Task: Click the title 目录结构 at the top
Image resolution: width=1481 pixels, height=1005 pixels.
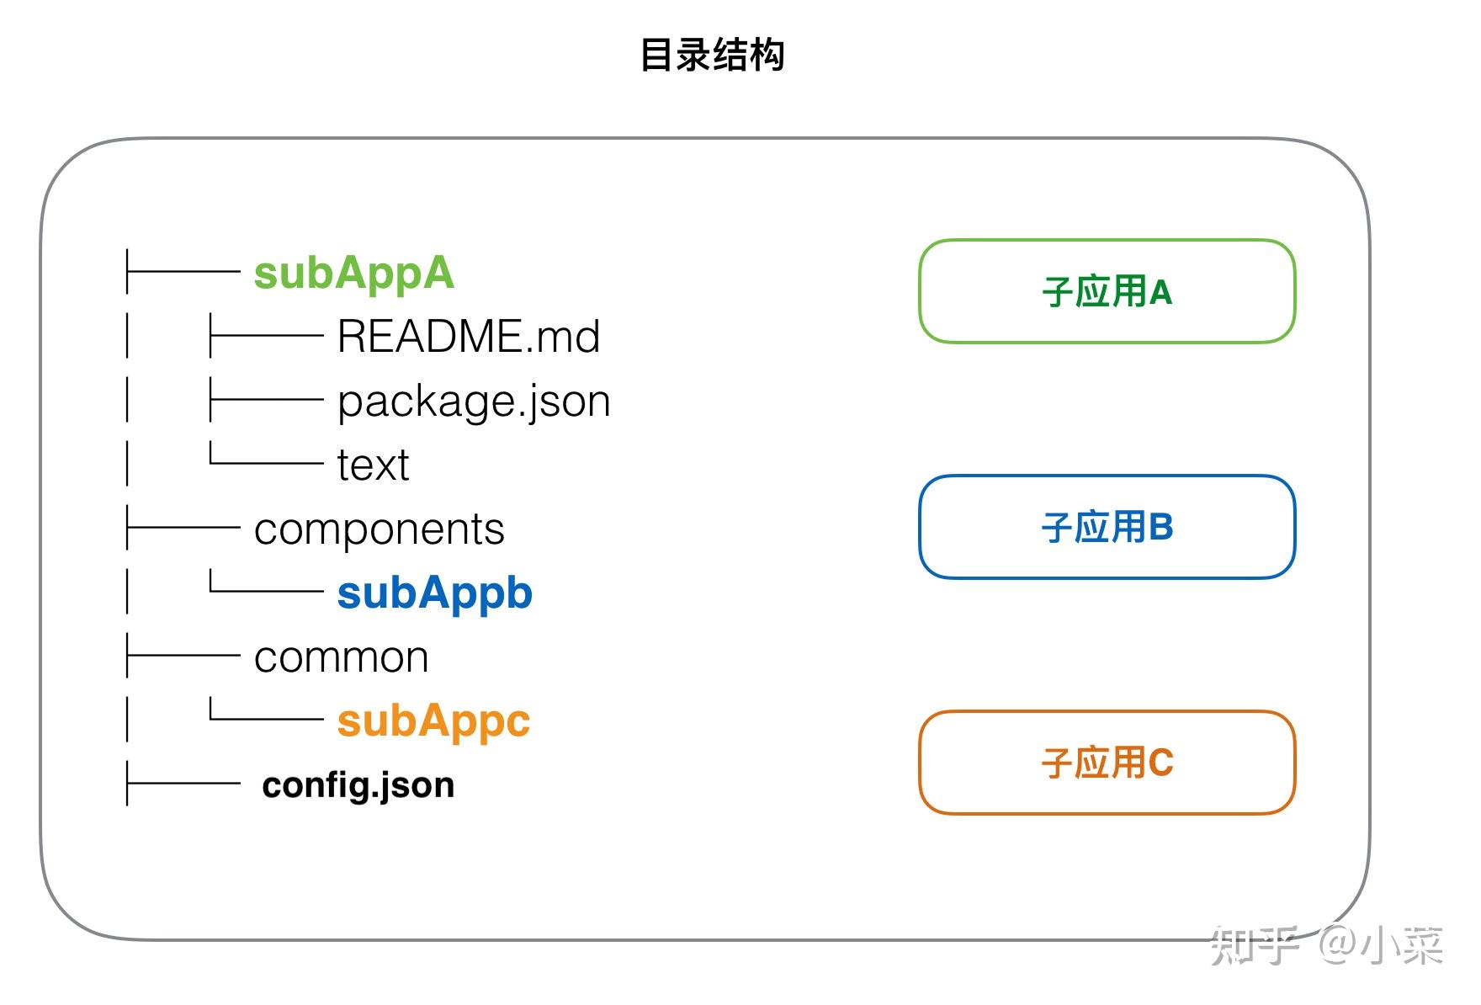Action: (712, 56)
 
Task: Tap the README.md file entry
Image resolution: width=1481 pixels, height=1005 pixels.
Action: (469, 337)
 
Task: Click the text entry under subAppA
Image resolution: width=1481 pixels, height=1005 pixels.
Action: (373, 465)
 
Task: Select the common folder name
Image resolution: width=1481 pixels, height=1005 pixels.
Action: (341, 657)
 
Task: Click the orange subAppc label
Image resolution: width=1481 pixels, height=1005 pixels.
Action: (433, 721)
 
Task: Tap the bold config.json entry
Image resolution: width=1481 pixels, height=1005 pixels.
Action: (358, 785)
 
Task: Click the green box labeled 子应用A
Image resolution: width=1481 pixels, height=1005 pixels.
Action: (1107, 292)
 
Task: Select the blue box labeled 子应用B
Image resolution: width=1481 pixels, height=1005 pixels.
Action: (1107, 528)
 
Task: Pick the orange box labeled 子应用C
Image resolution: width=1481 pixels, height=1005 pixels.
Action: (1107, 763)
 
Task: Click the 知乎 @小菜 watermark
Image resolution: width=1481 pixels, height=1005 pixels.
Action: (1327, 945)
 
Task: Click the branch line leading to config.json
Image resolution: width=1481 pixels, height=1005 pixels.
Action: (183, 784)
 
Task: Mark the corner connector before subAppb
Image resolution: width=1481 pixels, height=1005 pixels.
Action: (266, 581)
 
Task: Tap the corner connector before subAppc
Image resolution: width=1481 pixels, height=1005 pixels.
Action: (266, 709)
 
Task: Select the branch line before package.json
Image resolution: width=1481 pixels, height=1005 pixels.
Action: (266, 399)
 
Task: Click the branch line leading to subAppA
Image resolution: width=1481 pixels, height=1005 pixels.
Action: (183, 271)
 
